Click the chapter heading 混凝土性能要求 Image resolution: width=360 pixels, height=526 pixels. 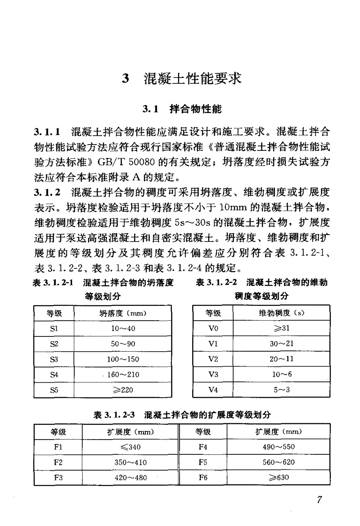click(192, 78)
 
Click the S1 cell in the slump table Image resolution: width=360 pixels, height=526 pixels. click(54, 328)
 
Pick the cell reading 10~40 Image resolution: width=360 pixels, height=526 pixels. click(123, 328)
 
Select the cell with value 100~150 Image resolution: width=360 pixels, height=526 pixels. click(123, 359)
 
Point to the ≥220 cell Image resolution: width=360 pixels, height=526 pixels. click(123, 390)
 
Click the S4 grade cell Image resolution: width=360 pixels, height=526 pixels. click(54, 374)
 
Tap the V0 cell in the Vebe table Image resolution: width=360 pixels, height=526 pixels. click(213, 328)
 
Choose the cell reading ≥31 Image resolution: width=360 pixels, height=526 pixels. click(281, 328)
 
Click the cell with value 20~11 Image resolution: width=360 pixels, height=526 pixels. click(281, 359)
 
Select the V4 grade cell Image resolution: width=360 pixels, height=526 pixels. click(213, 390)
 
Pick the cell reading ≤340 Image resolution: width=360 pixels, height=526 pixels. click(130, 447)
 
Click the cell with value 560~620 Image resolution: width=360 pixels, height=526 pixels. click(279, 462)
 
